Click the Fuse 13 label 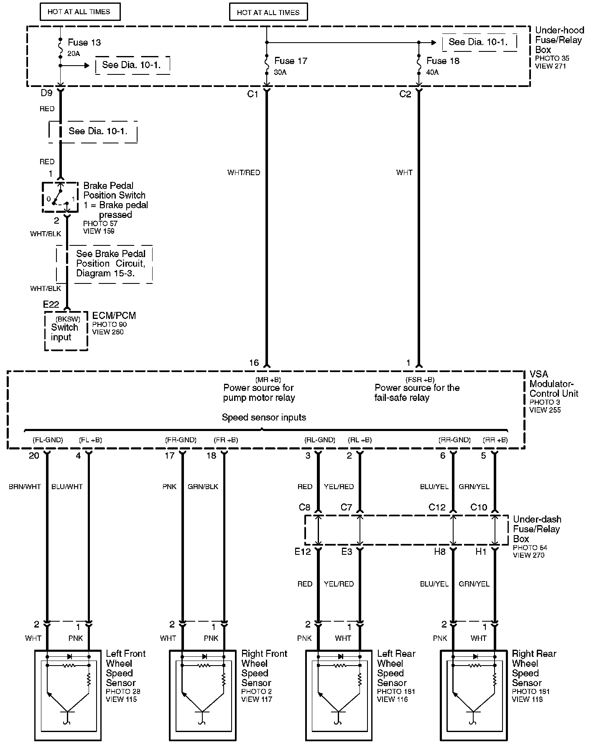tap(84, 43)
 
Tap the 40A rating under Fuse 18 tap(432, 72)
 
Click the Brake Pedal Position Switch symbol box tap(60, 197)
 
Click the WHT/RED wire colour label tap(243, 172)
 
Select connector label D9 tap(46, 93)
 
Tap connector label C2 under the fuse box tap(405, 94)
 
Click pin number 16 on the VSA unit tap(254, 363)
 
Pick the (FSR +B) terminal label tap(420, 380)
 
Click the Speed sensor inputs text tap(264, 417)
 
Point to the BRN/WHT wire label tap(25, 487)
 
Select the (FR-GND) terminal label tap(181, 440)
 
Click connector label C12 tap(437, 508)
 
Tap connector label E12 tap(302, 552)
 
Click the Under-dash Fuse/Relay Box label tap(537, 529)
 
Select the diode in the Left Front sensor tap(69, 656)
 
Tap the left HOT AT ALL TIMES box tap(80, 12)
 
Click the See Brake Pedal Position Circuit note tap(110, 263)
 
